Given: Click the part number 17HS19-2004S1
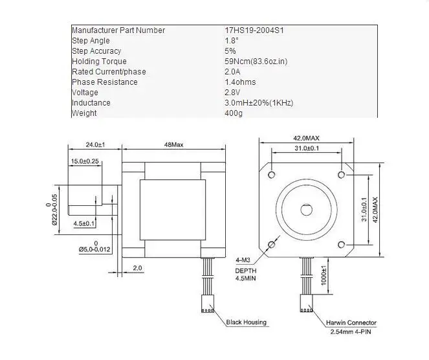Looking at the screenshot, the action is tap(254, 30).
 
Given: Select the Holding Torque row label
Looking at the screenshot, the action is tap(99, 62).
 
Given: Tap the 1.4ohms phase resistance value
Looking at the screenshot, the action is tap(240, 82).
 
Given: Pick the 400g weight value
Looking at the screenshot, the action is tap(234, 113).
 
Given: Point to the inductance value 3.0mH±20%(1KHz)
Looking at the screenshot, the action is tap(259, 103).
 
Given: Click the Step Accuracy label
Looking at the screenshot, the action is tap(96, 51).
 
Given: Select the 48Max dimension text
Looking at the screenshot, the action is tap(173, 144).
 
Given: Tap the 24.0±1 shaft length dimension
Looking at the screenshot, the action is tap(96, 144).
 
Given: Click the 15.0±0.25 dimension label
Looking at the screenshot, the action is tap(85, 161).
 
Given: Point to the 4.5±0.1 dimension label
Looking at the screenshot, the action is tap(83, 223).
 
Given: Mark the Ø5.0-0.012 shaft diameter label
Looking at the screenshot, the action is tap(94, 249).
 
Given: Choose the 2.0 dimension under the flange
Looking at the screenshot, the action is tap(137, 268).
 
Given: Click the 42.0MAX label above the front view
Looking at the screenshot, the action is tap(306, 139).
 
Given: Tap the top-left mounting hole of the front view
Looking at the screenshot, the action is tap(271, 174).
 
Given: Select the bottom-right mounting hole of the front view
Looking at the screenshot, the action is tap(341, 245).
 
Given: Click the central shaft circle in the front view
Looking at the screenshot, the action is tap(306, 210).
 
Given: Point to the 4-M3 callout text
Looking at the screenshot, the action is tap(243, 260).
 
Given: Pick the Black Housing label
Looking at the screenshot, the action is tap(247, 322).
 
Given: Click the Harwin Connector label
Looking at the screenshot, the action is tap(351, 322).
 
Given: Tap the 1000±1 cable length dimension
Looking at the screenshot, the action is tap(324, 275).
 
